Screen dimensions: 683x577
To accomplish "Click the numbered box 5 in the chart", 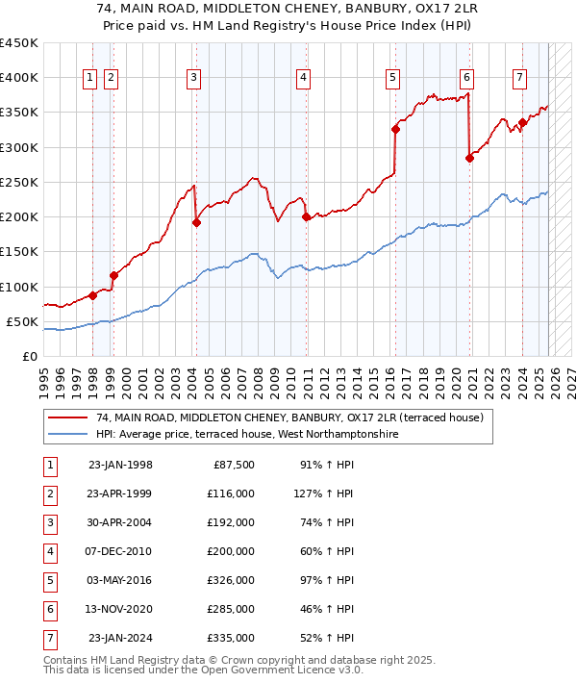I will (x=393, y=78).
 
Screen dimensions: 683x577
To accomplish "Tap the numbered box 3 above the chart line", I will (x=193, y=78).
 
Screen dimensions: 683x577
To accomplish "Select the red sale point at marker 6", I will (x=469, y=158).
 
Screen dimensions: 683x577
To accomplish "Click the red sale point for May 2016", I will (x=395, y=129).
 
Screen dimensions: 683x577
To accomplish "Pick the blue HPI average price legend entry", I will (x=246, y=434).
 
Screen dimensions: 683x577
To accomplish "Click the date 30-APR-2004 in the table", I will (x=120, y=523).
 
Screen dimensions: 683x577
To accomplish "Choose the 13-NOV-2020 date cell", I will (x=120, y=610).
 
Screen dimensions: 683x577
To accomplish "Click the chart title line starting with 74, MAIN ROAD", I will (x=288, y=12).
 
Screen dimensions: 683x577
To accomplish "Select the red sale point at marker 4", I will (x=307, y=217).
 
